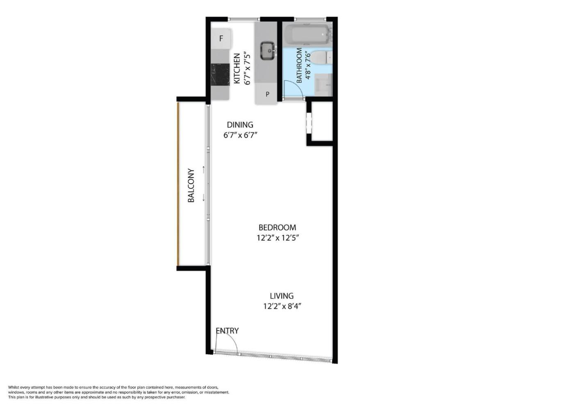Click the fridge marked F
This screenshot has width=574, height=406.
click(x=222, y=39)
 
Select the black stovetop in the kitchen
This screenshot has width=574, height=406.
click(x=220, y=74)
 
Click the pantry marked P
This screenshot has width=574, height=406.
click(x=267, y=94)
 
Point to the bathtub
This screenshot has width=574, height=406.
click(x=307, y=35)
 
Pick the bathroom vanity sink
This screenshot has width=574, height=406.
click(x=323, y=83)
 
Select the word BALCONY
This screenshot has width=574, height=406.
click(x=191, y=185)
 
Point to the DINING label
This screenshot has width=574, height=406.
click(x=240, y=125)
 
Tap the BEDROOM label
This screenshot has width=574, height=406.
click(x=278, y=228)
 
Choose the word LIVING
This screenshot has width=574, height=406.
click(x=282, y=296)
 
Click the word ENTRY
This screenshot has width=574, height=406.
click(x=227, y=331)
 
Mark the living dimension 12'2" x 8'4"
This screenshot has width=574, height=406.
click(x=282, y=306)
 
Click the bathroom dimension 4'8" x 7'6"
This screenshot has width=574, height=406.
click(x=308, y=65)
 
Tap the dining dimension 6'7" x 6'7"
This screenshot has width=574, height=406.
click(x=240, y=135)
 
